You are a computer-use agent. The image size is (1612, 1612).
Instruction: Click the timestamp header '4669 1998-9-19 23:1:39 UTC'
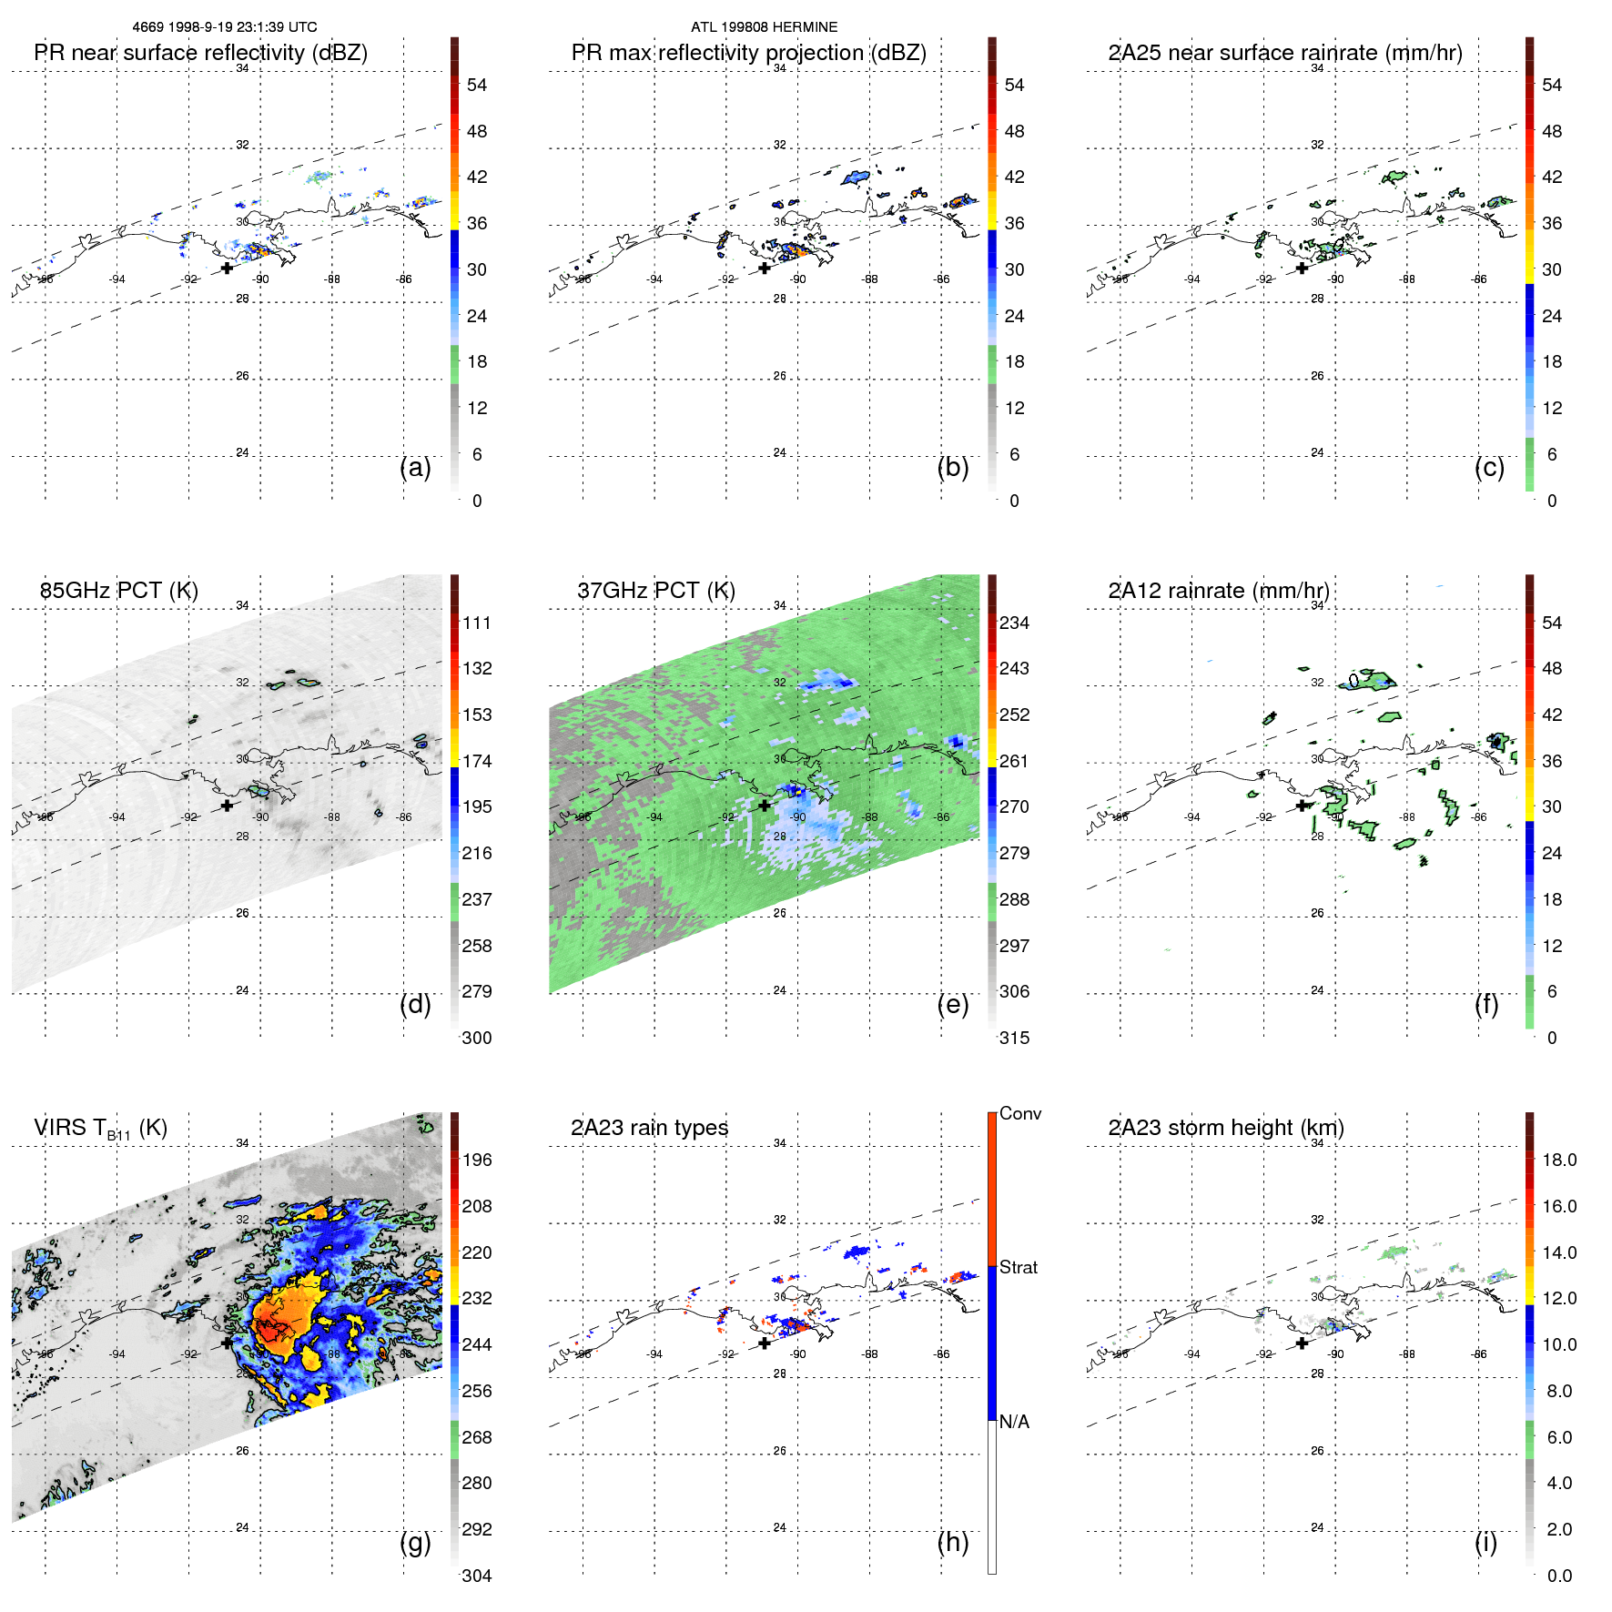pyautogui.click(x=225, y=27)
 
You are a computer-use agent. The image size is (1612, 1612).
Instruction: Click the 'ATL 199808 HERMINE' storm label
pyautogui.click(x=764, y=27)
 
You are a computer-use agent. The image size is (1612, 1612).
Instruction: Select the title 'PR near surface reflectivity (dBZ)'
pyautogui.click(x=200, y=53)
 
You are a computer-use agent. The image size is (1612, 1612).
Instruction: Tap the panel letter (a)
pyautogui.click(x=415, y=467)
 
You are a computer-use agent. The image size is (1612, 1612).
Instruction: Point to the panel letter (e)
pyautogui.click(x=952, y=1004)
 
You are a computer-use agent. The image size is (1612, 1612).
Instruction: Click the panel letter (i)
pyautogui.click(x=1485, y=1542)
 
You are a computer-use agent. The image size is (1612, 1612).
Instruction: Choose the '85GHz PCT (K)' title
pyautogui.click(x=118, y=591)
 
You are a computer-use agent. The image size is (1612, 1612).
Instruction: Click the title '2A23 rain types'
pyautogui.click(x=649, y=1128)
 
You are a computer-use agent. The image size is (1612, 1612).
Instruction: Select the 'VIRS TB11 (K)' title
pyautogui.click(x=100, y=1129)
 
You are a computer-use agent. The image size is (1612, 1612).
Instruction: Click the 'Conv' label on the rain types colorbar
pyautogui.click(x=1019, y=1113)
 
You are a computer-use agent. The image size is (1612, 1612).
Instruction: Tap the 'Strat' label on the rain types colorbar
pyautogui.click(x=1018, y=1267)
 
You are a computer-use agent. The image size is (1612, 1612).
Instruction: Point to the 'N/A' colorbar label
pyautogui.click(x=1014, y=1422)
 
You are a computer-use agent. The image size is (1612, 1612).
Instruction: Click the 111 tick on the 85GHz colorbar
pyautogui.click(x=477, y=623)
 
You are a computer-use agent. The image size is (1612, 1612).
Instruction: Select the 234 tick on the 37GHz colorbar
pyautogui.click(x=1014, y=623)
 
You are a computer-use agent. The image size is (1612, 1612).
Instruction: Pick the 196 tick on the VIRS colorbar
pyautogui.click(x=477, y=1160)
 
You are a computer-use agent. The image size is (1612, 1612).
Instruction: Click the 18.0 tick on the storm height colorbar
pyautogui.click(x=1558, y=1160)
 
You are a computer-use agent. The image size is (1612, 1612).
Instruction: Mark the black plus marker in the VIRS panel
pyautogui.click(x=227, y=1343)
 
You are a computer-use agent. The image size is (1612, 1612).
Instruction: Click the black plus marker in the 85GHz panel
pyautogui.click(x=227, y=806)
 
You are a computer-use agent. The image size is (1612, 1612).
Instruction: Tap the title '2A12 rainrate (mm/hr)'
pyautogui.click(x=1219, y=591)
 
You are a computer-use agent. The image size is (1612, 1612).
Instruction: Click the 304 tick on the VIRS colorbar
pyautogui.click(x=477, y=1576)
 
